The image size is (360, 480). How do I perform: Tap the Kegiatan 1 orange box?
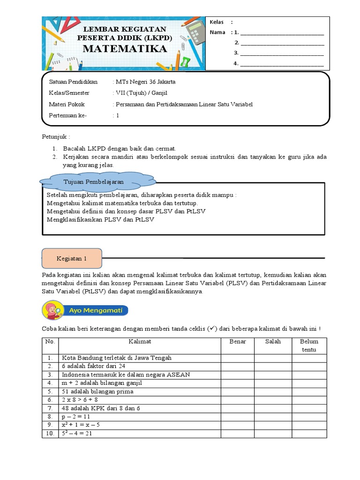[x=72, y=258]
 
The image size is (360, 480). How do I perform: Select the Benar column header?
[x=238, y=342]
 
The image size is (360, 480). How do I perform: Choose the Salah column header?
[x=273, y=342]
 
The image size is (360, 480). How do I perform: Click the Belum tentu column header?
[x=309, y=345]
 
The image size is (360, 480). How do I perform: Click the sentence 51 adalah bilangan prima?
[x=97, y=391]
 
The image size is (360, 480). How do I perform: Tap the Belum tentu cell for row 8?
[x=309, y=417]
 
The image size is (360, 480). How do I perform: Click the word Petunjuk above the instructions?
[x=55, y=137]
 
